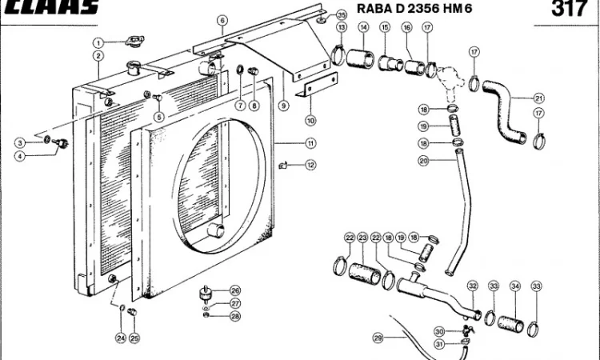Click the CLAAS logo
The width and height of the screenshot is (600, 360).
pos(52,7)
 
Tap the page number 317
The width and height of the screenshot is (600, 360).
pos(569,9)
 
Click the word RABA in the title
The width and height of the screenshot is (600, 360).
pos(375,9)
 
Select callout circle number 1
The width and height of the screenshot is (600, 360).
pos(98,43)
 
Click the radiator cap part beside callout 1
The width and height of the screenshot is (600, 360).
pos(134,41)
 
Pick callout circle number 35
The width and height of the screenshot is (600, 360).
pos(342,15)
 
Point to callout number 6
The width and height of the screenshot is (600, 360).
pos(222,20)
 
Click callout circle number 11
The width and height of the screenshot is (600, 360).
pos(310,143)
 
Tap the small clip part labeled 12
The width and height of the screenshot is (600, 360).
pos(282,166)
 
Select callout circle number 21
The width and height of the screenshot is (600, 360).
pos(538,98)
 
